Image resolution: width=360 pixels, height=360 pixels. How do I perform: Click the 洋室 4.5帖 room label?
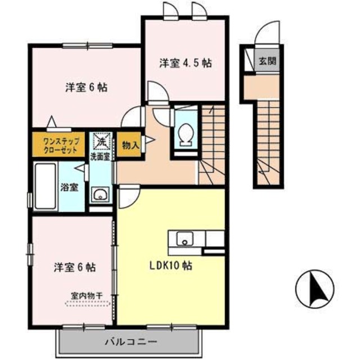(184, 63)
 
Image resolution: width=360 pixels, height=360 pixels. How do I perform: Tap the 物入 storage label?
(130, 145)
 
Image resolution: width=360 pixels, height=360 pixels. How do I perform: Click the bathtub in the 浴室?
(44, 186)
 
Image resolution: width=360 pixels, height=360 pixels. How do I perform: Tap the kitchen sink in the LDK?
(184, 239)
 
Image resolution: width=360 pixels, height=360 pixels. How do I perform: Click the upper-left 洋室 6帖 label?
(86, 88)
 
